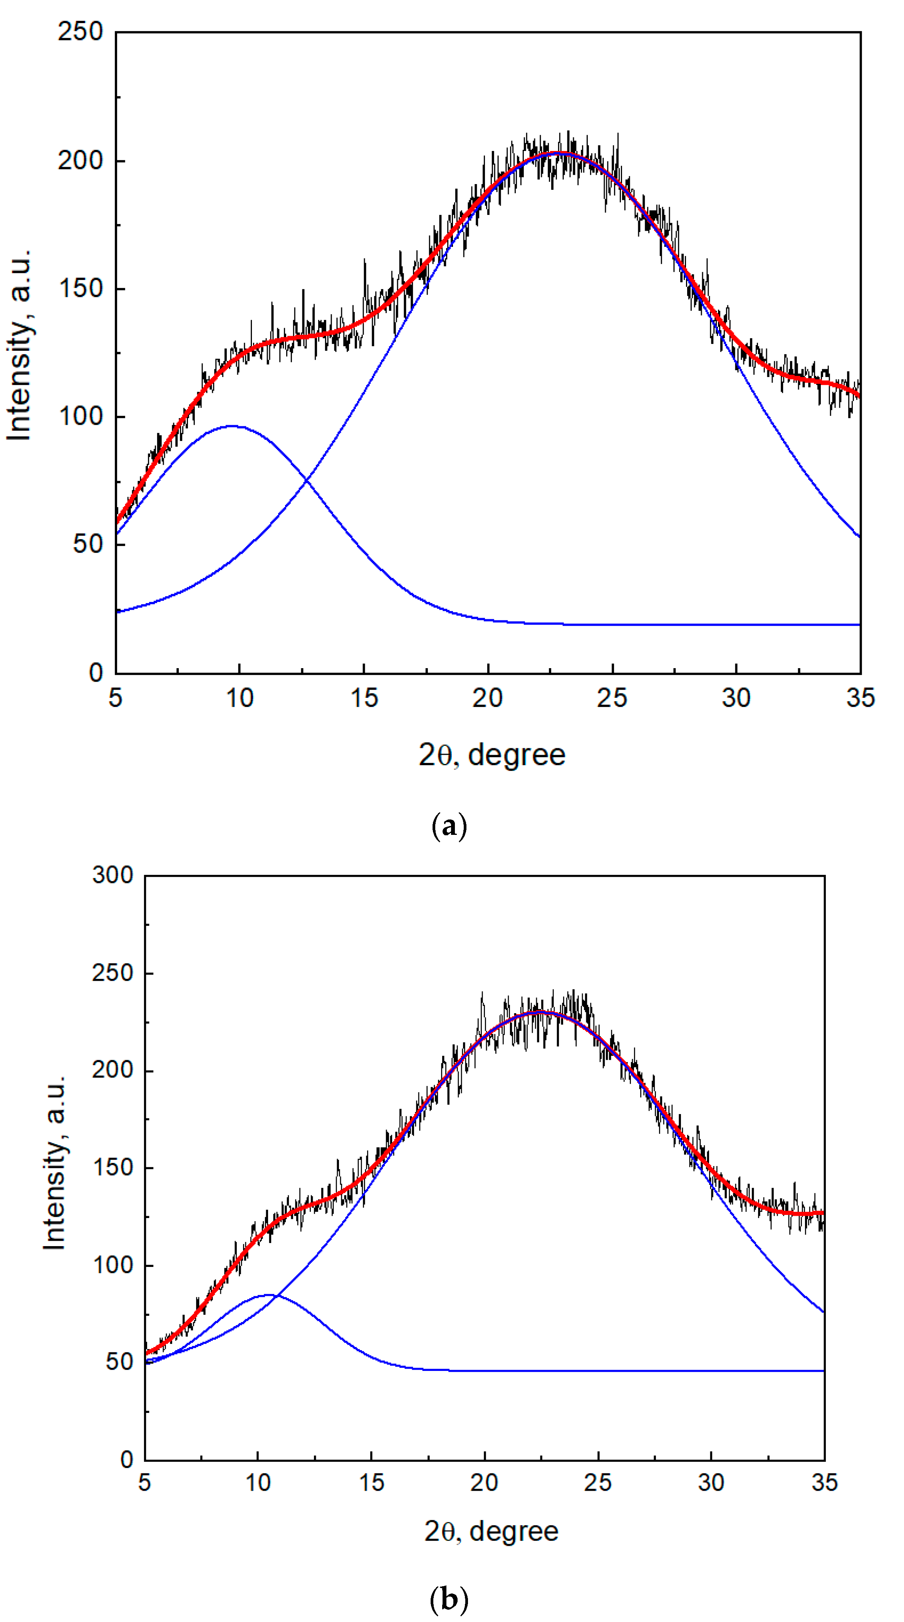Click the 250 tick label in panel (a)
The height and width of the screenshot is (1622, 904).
[x=80, y=32]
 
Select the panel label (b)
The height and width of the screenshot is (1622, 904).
[x=449, y=1599]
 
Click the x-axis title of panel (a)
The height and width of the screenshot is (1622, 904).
[x=492, y=755]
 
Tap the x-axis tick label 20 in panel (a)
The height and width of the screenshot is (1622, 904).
[x=488, y=698]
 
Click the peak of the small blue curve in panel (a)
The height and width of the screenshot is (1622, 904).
[x=233, y=426]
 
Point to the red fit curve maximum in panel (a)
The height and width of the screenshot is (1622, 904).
[x=557, y=152]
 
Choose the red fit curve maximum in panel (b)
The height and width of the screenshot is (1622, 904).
[x=537, y=1012]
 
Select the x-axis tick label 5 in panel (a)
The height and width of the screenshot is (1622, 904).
[x=115, y=698]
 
